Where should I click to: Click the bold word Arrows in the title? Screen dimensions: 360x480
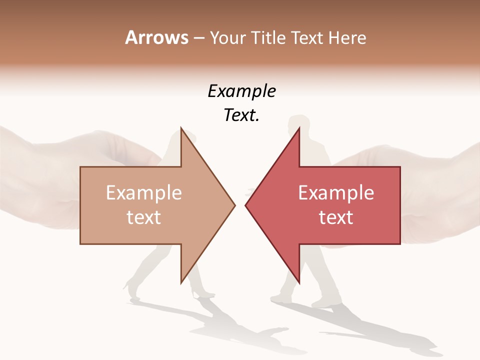click(x=157, y=37)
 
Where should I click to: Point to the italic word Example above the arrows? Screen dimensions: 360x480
click(x=241, y=91)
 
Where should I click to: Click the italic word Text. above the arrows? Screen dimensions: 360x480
click(x=241, y=115)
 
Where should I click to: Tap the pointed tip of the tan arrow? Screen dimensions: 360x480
click(x=234, y=205)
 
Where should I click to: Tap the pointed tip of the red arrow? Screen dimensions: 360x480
click(x=245, y=205)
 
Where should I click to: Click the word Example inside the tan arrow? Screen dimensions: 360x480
click(x=144, y=193)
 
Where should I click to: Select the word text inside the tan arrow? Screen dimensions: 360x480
click(x=144, y=217)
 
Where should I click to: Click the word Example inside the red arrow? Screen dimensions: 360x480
click(x=336, y=193)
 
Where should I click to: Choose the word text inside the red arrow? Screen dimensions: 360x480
click(x=336, y=217)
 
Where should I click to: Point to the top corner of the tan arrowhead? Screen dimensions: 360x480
click(x=181, y=127)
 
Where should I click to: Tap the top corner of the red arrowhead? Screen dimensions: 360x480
click(x=299, y=127)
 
